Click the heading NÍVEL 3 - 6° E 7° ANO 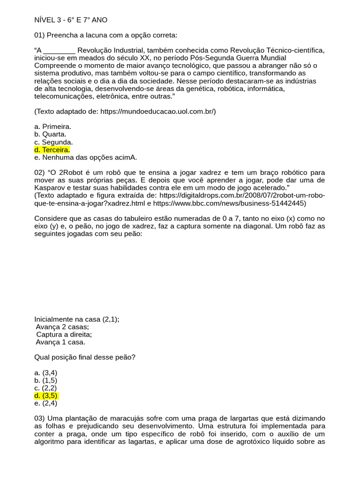(x=71, y=20)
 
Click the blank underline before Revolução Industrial (x=60, y=51)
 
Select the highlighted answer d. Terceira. (x=52, y=150)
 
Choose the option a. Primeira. (x=52, y=127)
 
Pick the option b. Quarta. (x=50, y=135)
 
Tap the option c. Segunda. (x=53, y=142)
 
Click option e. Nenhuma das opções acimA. (x=85, y=157)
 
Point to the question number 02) (x=39, y=173)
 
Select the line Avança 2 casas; (x=62, y=327)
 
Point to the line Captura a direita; (x=64, y=335)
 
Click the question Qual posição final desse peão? (x=85, y=357)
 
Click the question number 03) (x=39, y=418)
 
